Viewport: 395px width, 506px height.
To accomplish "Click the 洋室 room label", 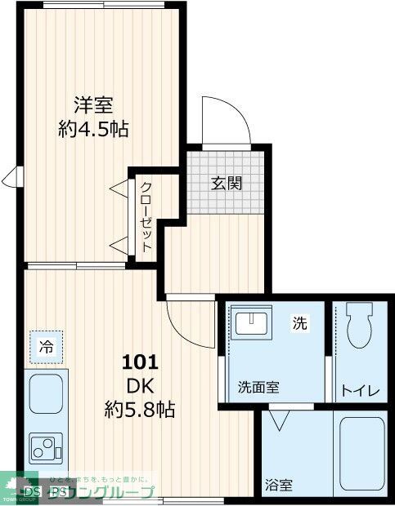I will coord(92,104).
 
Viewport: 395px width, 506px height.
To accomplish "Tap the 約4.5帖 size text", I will coord(92,128).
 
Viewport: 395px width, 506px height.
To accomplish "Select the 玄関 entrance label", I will coord(227,183).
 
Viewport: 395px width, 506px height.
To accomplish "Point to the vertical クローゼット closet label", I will coord(146,215).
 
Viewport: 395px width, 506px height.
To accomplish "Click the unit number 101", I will coord(140,362).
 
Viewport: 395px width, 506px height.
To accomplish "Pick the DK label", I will coord(140,384).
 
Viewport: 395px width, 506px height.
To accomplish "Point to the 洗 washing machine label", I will coord(300,323).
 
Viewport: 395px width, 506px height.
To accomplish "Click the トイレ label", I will coord(360,391).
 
